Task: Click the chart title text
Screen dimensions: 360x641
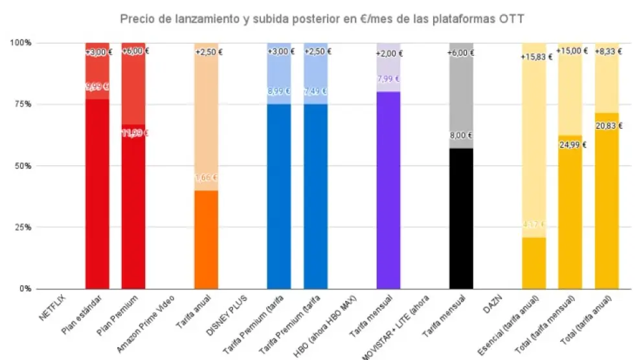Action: pyautogui.click(x=322, y=19)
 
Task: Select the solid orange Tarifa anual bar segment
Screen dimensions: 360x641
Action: pyautogui.click(x=207, y=240)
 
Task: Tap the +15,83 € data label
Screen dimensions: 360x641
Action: pyautogui.click(x=536, y=57)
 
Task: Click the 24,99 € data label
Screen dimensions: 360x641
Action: pyautogui.click(x=572, y=144)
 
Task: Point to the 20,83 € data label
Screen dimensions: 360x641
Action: pyautogui.click(x=609, y=126)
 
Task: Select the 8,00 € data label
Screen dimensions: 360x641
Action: pyautogui.click(x=461, y=137)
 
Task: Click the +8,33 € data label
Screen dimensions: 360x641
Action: pyautogui.click(x=609, y=51)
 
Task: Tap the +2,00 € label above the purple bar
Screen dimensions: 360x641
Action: pyautogui.click(x=388, y=53)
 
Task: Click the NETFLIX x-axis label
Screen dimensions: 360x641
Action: pyautogui.click(x=53, y=308)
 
